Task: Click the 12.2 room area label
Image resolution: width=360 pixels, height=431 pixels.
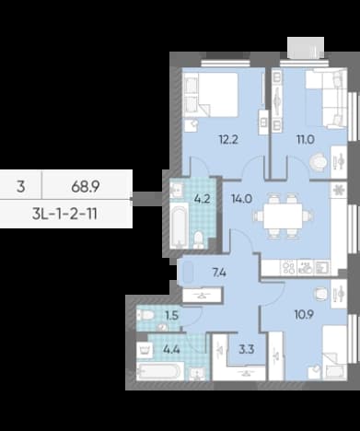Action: (228, 140)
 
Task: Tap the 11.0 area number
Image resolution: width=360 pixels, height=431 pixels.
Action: (306, 140)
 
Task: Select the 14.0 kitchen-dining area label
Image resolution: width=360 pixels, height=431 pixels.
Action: (242, 199)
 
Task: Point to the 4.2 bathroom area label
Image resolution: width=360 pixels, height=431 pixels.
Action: (203, 199)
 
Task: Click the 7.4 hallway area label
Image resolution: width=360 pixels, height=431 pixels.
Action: (219, 273)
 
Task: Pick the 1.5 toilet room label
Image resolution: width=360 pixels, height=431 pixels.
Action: (171, 315)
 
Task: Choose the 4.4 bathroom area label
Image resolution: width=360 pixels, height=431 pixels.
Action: (171, 349)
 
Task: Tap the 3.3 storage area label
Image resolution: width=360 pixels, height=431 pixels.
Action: (247, 349)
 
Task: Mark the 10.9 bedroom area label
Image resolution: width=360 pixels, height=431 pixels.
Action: (304, 315)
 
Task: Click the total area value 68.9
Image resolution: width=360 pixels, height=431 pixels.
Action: (86, 186)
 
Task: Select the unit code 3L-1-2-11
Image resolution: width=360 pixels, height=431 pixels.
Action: (64, 214)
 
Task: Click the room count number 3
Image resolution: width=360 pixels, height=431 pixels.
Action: (20, 186)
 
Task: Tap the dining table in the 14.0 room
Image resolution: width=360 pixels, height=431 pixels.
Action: (283, 216)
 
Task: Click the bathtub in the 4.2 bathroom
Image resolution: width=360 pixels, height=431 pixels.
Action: (179, 225)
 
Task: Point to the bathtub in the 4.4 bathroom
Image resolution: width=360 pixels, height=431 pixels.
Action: (160, 371)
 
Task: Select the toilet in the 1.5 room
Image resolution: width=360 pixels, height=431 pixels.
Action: (145, 315)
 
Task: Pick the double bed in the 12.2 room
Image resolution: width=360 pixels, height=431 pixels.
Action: (211, 95)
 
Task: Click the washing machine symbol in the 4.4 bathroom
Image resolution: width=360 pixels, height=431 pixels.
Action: (145, 350)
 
